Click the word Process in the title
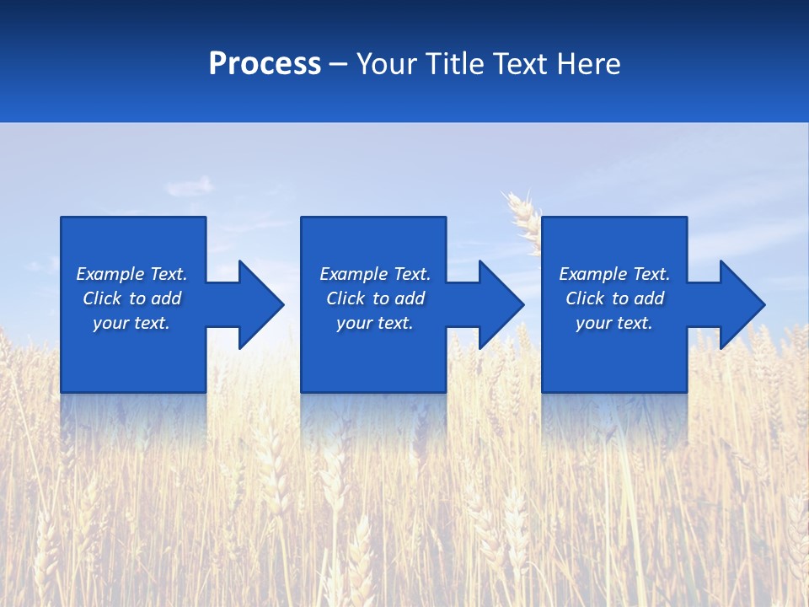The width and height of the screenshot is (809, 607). (265, 64)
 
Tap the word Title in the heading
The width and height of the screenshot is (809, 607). (456, 64)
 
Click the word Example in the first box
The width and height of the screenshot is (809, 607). (110, 274)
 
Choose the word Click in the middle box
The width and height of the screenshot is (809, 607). (346, 298)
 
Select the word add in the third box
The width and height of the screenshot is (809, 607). (649, 298)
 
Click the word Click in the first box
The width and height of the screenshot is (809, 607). (102, 298)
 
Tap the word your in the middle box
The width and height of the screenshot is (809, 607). (354, 323)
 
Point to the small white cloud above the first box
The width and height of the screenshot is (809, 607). (192, 185)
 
